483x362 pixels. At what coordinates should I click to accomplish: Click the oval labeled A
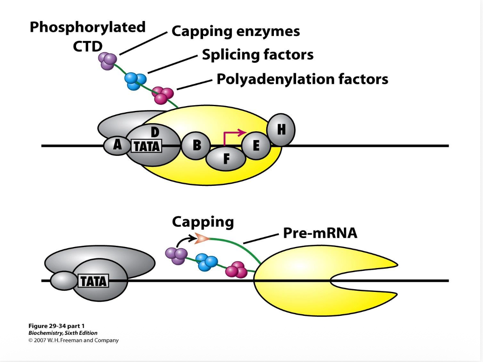(117, 145)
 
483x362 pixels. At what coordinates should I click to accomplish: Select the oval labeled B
(196, 145)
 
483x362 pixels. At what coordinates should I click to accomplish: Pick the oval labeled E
(256, 146)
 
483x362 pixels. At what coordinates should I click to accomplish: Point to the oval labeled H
(281, 130)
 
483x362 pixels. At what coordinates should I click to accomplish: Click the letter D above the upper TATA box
(155, 132)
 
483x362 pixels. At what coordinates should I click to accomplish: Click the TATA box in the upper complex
(146, 146)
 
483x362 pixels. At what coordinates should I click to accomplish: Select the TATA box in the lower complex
(93, 281)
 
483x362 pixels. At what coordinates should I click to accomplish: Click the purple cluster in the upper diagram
(108, 61)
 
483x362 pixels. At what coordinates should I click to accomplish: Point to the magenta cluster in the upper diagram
(163, 96)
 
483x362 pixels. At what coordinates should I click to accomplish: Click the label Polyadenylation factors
(302, 79)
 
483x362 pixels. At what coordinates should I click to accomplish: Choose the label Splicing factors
(258, 55)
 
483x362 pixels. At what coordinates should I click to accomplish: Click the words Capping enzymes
(236, 31)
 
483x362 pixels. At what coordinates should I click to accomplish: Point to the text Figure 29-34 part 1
(57, 326)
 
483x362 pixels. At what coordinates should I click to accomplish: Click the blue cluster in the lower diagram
(206, 262)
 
